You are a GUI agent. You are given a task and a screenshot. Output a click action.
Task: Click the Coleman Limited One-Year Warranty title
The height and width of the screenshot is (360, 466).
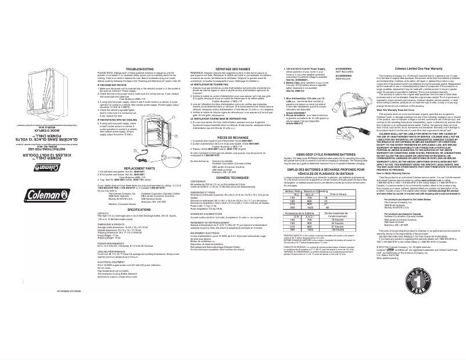(404, 69)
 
